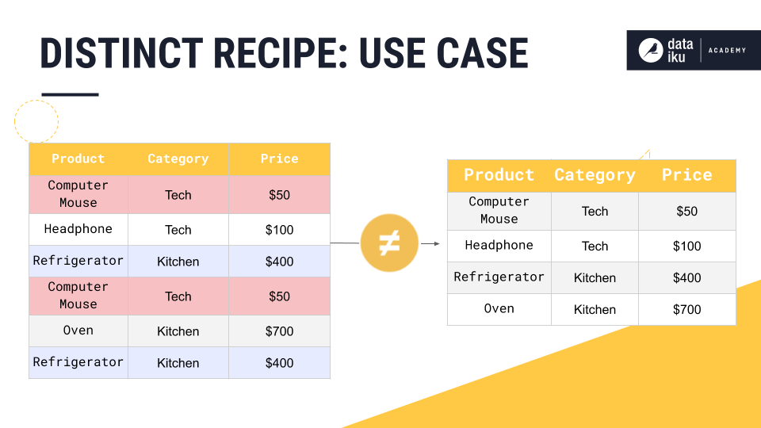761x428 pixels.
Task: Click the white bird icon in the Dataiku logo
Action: (651, 50)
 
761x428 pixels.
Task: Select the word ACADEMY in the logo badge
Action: (727, 50)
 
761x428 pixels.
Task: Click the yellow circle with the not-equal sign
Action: (388, 243)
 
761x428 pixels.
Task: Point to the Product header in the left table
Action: (78, 159)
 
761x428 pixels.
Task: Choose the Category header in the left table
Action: (178, 159)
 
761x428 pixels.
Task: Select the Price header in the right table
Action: (686, 175)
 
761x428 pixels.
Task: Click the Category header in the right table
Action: (595, 175)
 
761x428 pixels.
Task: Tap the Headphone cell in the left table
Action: (78, 229)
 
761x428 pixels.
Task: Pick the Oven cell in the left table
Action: (78, 331)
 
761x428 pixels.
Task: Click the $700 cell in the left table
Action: (279, 331)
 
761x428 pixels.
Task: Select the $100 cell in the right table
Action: (686, 246)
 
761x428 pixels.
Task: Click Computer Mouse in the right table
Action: (499, 210)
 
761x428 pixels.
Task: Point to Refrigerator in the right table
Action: (499, 277)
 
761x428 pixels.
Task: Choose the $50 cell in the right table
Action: (686, 211)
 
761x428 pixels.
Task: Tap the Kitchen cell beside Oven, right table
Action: (595, 310)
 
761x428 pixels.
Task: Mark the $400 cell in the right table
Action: (686, 277)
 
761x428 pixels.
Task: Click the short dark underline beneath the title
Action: (70, 94)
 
